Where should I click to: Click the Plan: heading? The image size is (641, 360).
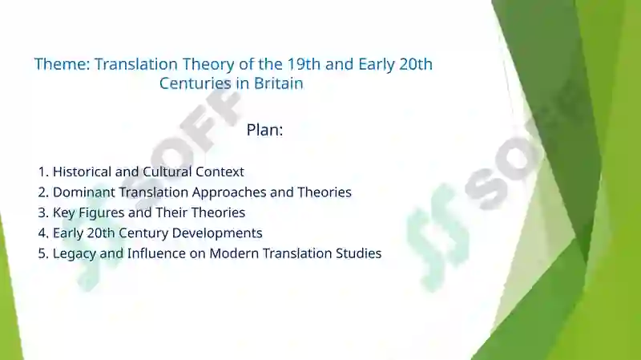click(x=264, y=130)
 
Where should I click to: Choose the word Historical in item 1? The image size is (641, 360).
click(x=83, y=172)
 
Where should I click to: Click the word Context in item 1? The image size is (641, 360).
click(x=220, y=172)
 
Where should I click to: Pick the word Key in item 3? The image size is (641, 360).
click(x=64, y=212)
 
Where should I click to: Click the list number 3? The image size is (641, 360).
click(x=42, y=212)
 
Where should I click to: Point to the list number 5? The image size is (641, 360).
click(x=42, y=253)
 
